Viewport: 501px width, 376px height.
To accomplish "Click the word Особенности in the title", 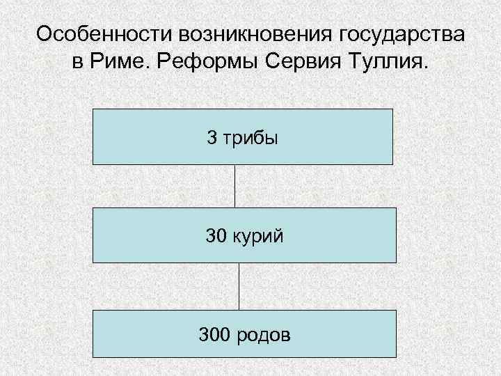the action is click(x=103, y=34).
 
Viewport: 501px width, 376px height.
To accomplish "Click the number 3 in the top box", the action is click(x=212, y=137).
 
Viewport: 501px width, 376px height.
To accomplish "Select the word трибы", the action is click(x=250, y=137).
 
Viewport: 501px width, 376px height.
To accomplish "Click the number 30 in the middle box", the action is click(x=216, y=236).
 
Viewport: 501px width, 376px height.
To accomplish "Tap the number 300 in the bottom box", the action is click(x=214, y=336).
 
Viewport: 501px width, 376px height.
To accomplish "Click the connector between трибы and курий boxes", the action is click(x=234, y=186).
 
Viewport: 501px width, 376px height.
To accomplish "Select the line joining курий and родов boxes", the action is click(x=239, y=286).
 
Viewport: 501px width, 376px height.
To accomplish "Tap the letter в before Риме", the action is click(x=78, y=63).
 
